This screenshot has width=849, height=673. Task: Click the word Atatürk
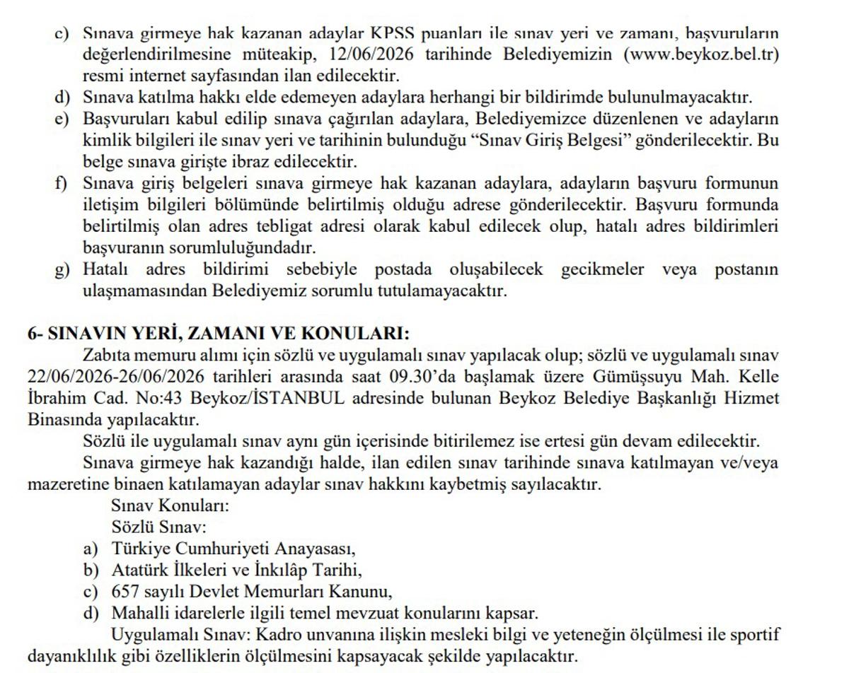click(139, 570)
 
